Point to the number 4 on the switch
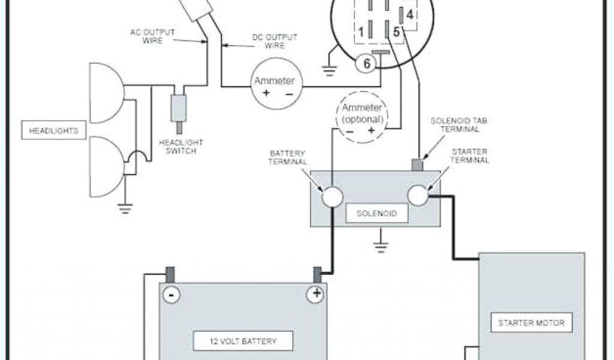pos(410,13)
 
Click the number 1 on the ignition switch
pos(362,30)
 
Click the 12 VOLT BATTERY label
pos(243,341)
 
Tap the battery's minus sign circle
pos(171,295)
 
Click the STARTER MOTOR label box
pos(531,323)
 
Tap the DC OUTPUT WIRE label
pos(267,41)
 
